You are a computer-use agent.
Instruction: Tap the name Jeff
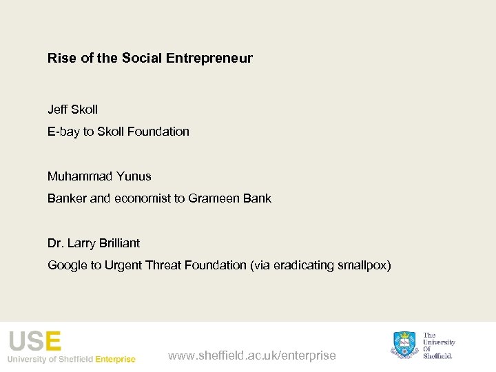(x=57, y=110)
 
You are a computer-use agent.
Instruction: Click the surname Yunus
(x=134, y=176)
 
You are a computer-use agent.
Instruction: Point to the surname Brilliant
(x=118, y=243)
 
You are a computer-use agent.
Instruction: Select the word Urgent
(x=123, y=265)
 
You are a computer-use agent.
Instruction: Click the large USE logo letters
(x=34, y=341)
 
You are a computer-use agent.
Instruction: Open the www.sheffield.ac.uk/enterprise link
(x=252, y=355)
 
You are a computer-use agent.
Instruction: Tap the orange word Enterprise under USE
(x=115, y=359)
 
